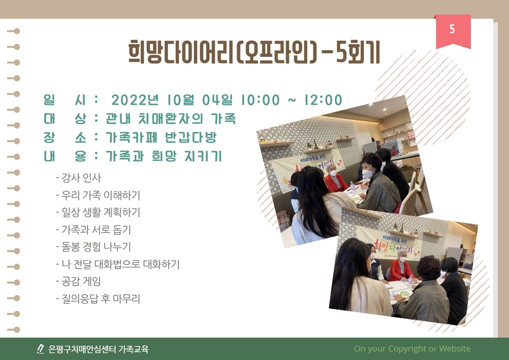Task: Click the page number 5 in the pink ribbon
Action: tap(453, 30)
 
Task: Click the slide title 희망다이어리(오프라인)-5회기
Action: tap(254, 53)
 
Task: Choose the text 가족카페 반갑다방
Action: tap(161, 137)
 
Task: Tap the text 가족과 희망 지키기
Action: tap(164, 156)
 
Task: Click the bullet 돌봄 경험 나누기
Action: tap(96, 247)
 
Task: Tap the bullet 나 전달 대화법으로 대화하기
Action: tap(120, 264)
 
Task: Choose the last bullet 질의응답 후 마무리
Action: tap(100, 298)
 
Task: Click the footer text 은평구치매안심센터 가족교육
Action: tap(99, 349)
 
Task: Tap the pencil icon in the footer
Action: tap(41, 349)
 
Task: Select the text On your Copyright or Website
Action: tap(412, 349)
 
